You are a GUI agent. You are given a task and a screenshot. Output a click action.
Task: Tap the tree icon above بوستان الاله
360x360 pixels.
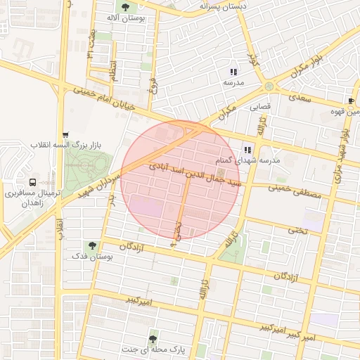125,7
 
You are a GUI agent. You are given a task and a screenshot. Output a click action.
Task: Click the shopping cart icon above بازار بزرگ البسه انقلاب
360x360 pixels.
65,135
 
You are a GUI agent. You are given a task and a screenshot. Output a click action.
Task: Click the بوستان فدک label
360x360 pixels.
91,257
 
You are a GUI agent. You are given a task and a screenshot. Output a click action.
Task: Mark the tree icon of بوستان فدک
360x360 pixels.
91,246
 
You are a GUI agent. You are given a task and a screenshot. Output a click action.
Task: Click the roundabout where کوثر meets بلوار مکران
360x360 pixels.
269,86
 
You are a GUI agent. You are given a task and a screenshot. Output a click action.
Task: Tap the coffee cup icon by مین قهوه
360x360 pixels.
351,102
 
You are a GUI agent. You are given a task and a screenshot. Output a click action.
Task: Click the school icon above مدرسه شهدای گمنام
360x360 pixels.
247,150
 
